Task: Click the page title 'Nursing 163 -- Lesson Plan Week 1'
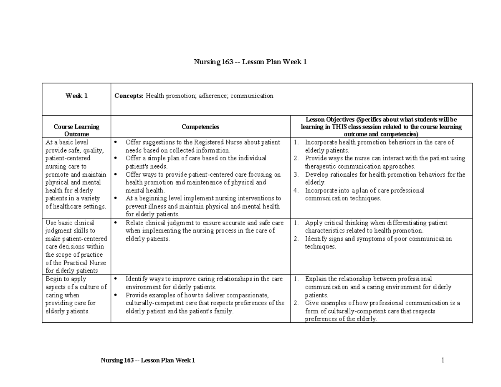[x=250, y=62]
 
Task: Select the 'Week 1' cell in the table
[x=76, y=96]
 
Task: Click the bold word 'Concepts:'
[x=129, y=96]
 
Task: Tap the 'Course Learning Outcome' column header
[x=76, y=130]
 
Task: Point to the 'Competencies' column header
[x=200, y=126]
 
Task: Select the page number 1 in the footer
[x=442, y=360]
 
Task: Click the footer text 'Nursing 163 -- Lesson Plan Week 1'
[x=148, y=360]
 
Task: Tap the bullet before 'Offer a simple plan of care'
[x=116, y=159]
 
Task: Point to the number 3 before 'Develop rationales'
[x=296, y=175]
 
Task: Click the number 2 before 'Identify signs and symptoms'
[x=296, y=239]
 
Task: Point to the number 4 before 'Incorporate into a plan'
[x=296, y=191]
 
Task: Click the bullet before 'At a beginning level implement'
[x=116, y=199]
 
